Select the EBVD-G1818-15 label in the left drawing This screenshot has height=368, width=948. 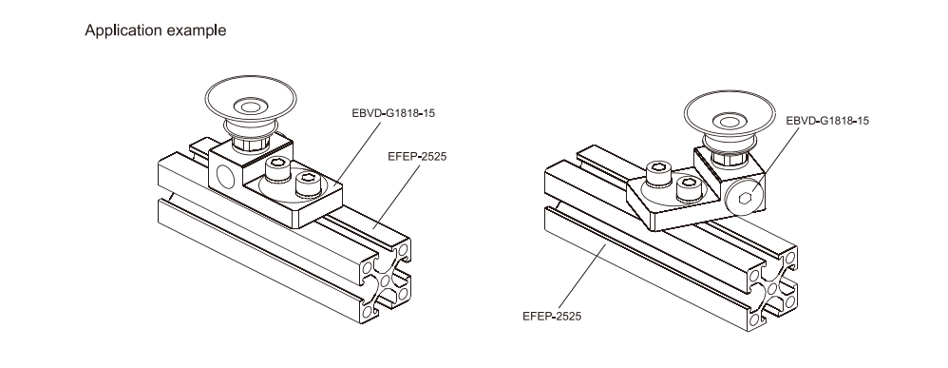[x=393, y=113]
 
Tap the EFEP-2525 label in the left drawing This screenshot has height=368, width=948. [x=417, y=157]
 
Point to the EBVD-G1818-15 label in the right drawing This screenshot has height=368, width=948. [x=827, y=121]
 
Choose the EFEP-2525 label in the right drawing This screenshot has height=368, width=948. [x=552, y=316]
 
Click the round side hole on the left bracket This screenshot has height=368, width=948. [x=226, y=177]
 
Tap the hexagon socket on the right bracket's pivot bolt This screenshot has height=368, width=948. [x=746, y=198]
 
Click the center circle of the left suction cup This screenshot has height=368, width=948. [x=250, y=107]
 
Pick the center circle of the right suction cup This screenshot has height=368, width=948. [x=730, y=123]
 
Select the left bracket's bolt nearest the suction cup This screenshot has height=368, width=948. [x=278, y=169]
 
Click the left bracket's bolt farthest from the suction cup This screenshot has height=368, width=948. [x=308, y=184]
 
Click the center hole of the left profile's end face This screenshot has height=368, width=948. [x=386, y=281]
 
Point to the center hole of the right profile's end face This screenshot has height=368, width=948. [x=772, y=288]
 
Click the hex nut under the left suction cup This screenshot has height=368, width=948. [x=247, y=145]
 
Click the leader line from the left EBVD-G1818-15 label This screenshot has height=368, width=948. [x=357, y=153]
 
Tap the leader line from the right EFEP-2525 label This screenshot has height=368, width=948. [x=582, y=277]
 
